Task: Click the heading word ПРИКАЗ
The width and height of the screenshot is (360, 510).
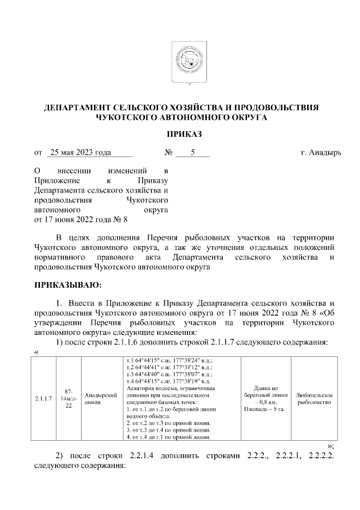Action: [181, 134]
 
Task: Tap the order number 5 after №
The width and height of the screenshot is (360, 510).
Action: [192, 153]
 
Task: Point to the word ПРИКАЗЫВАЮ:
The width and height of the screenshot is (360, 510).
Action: [67, 284]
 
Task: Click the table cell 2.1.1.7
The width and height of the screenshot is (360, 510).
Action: [44, 399]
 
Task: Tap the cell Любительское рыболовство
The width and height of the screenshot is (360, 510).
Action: [314, 399]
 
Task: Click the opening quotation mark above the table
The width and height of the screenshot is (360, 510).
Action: [37, 352]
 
